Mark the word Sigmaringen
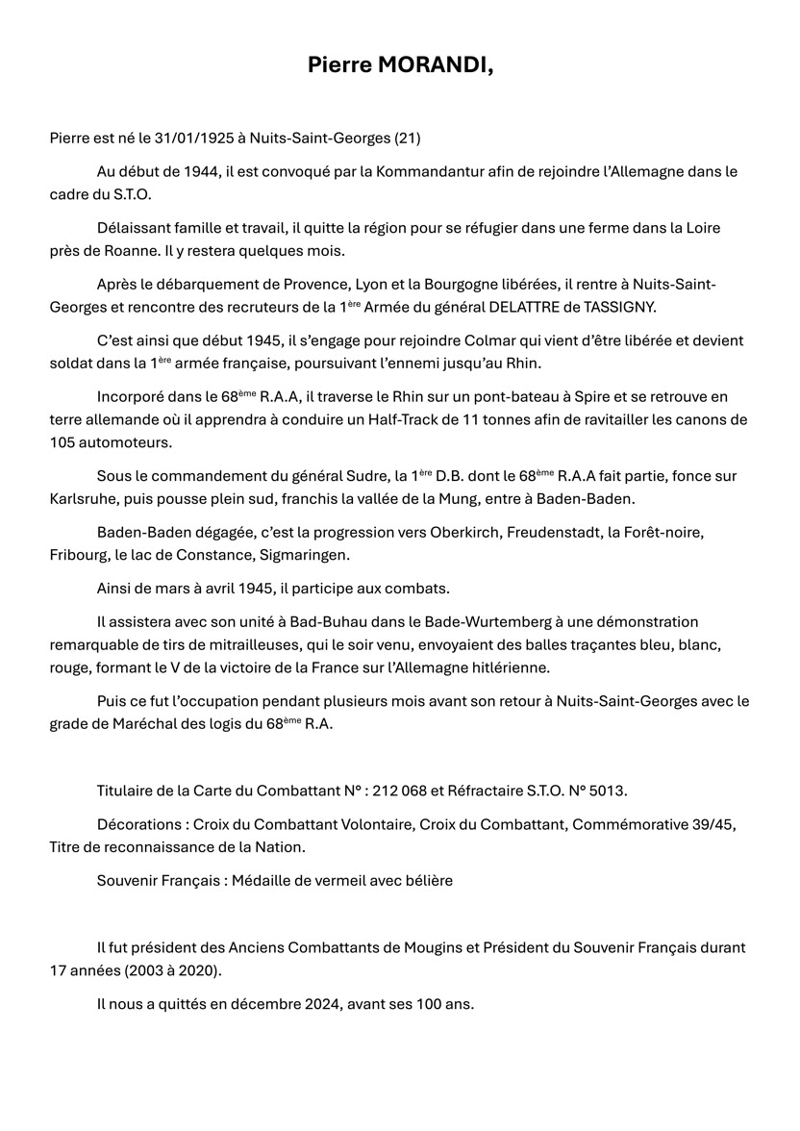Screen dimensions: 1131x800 pyautogui.click(x=310, y=555)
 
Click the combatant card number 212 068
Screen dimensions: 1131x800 pyautogui.click(x=459, y=791)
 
